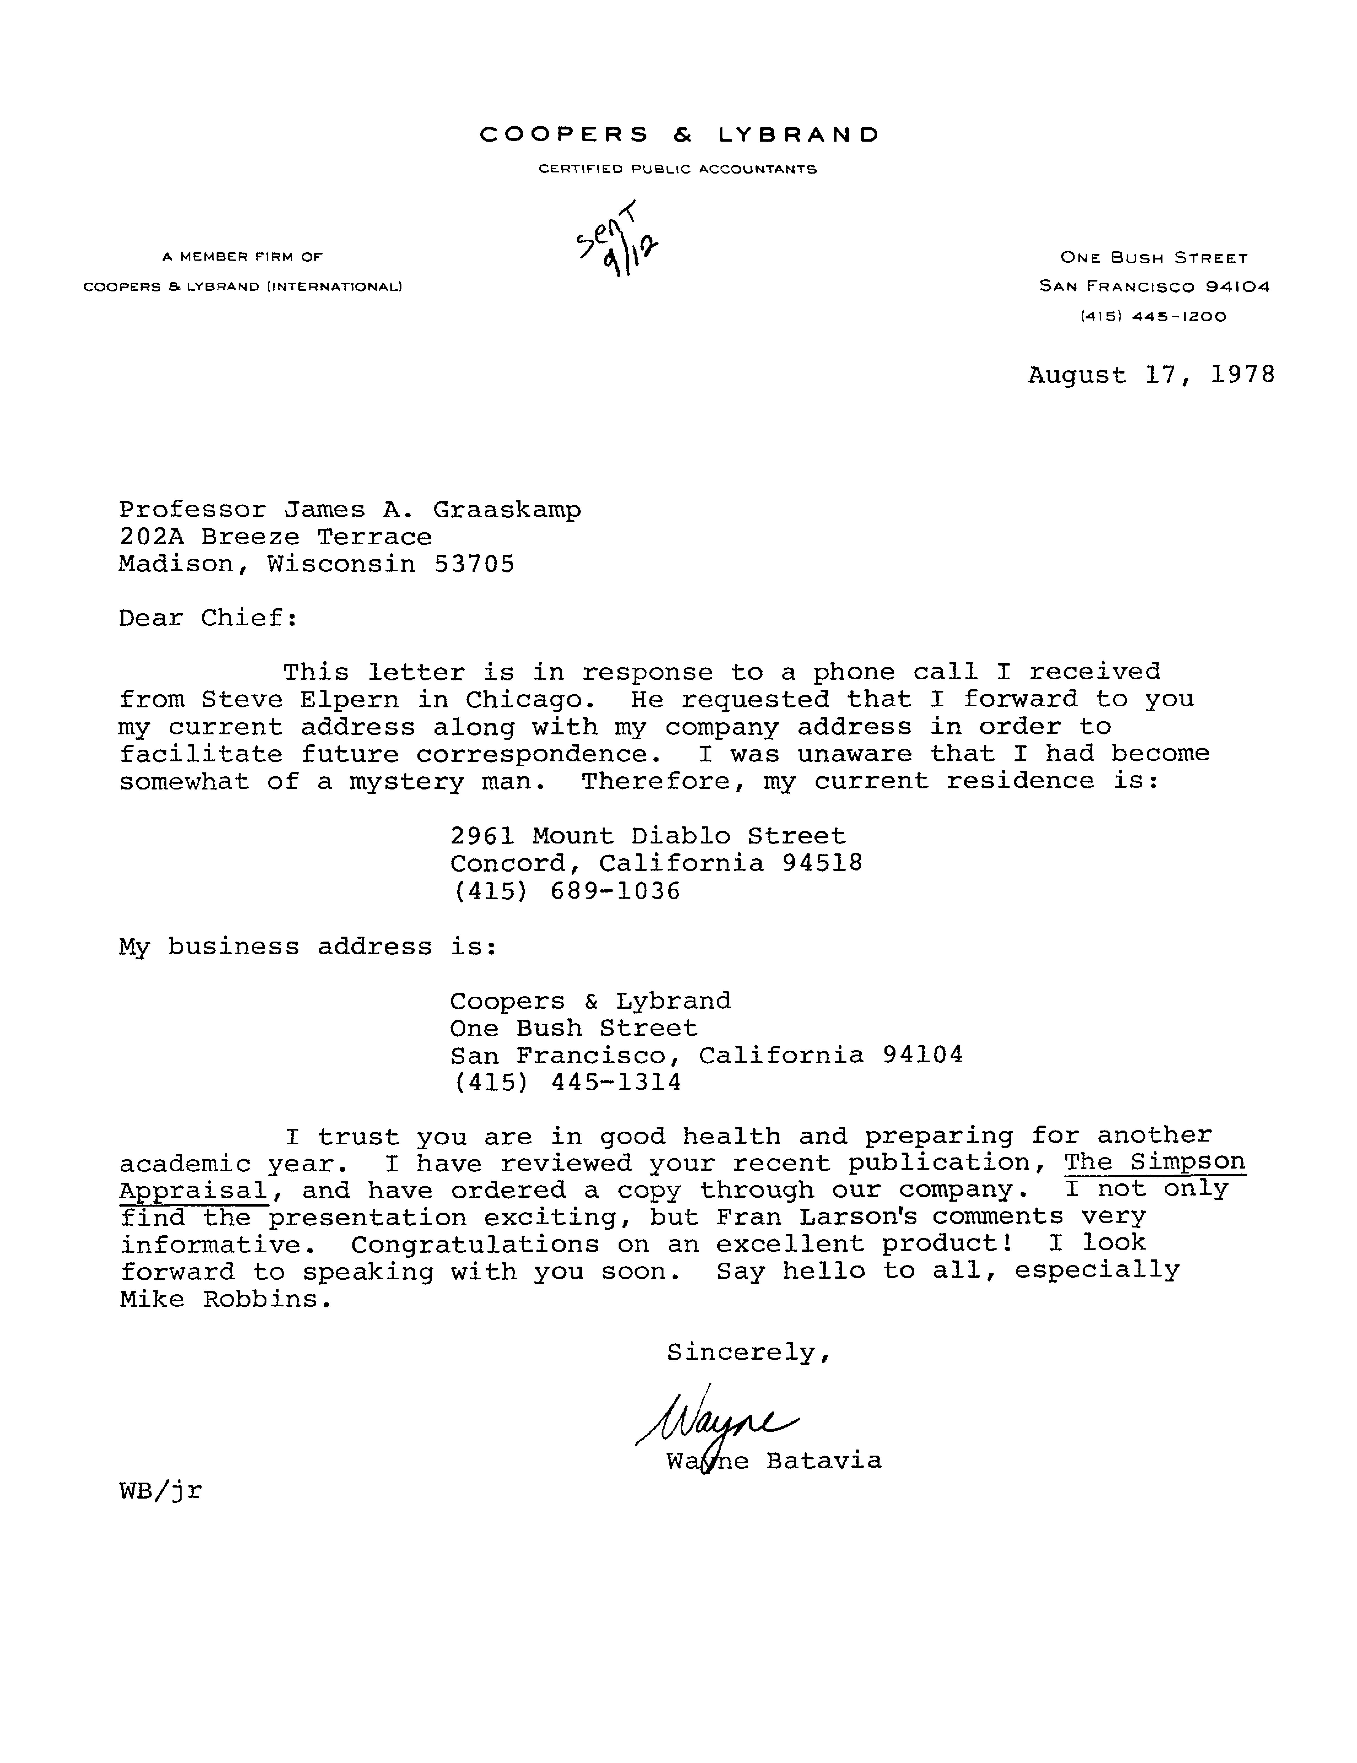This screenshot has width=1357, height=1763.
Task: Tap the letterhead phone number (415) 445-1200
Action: [x=1153, y=317]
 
